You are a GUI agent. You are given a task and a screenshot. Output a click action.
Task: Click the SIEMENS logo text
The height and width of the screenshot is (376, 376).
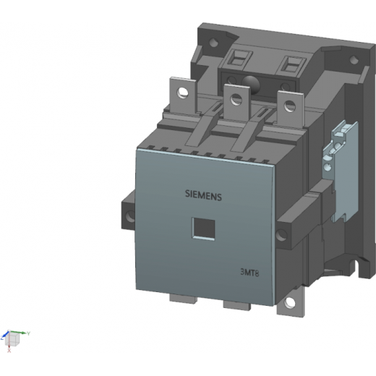[203, 195]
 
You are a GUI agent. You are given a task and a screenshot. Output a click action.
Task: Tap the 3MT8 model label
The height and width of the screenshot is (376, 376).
[249, 273]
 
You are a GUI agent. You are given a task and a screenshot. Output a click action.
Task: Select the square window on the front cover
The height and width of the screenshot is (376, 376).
[203, 228]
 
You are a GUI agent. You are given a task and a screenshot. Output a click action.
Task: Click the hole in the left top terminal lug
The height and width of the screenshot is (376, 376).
[182, 93]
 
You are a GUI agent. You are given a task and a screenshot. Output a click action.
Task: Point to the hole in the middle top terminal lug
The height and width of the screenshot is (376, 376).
[236, 99]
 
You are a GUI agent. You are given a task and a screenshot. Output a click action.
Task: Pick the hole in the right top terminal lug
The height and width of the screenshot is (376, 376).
[289, 106]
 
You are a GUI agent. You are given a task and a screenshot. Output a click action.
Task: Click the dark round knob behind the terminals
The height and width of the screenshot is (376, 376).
[251, 85]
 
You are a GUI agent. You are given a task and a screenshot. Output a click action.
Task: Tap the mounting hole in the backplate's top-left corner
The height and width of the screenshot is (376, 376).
[213, 43]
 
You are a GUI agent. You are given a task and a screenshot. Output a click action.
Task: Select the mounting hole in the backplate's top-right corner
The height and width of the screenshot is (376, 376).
[354, 59]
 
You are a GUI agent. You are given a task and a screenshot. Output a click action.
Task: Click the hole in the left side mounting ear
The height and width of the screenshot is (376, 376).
[130, 216]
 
